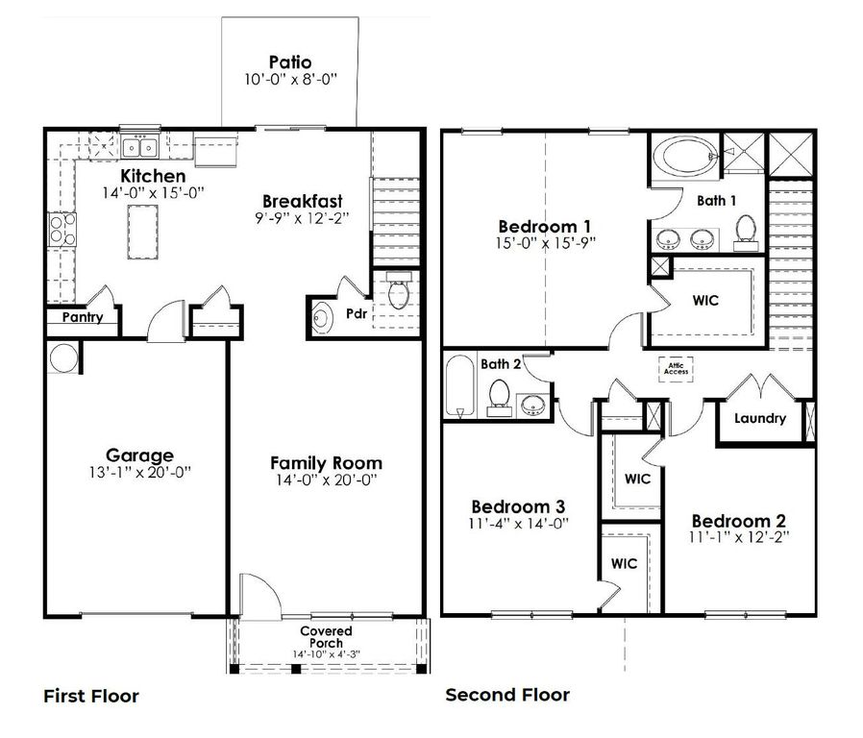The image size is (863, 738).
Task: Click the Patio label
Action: point(290,63)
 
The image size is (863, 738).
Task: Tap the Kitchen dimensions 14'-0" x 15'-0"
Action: point(154,193)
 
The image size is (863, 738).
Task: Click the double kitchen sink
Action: point(140,148)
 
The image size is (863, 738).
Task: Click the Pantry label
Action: point(83,317)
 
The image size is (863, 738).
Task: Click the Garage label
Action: point(139,455)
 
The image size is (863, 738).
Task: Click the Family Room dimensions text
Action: point(326,480)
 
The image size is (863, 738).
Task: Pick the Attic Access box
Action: point(677,367)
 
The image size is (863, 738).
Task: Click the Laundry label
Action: point(760,418)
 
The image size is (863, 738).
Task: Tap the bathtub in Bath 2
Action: point(460,386)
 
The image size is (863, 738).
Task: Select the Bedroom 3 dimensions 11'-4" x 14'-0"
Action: point(517,524)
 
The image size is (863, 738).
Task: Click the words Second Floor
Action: point(507,694)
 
